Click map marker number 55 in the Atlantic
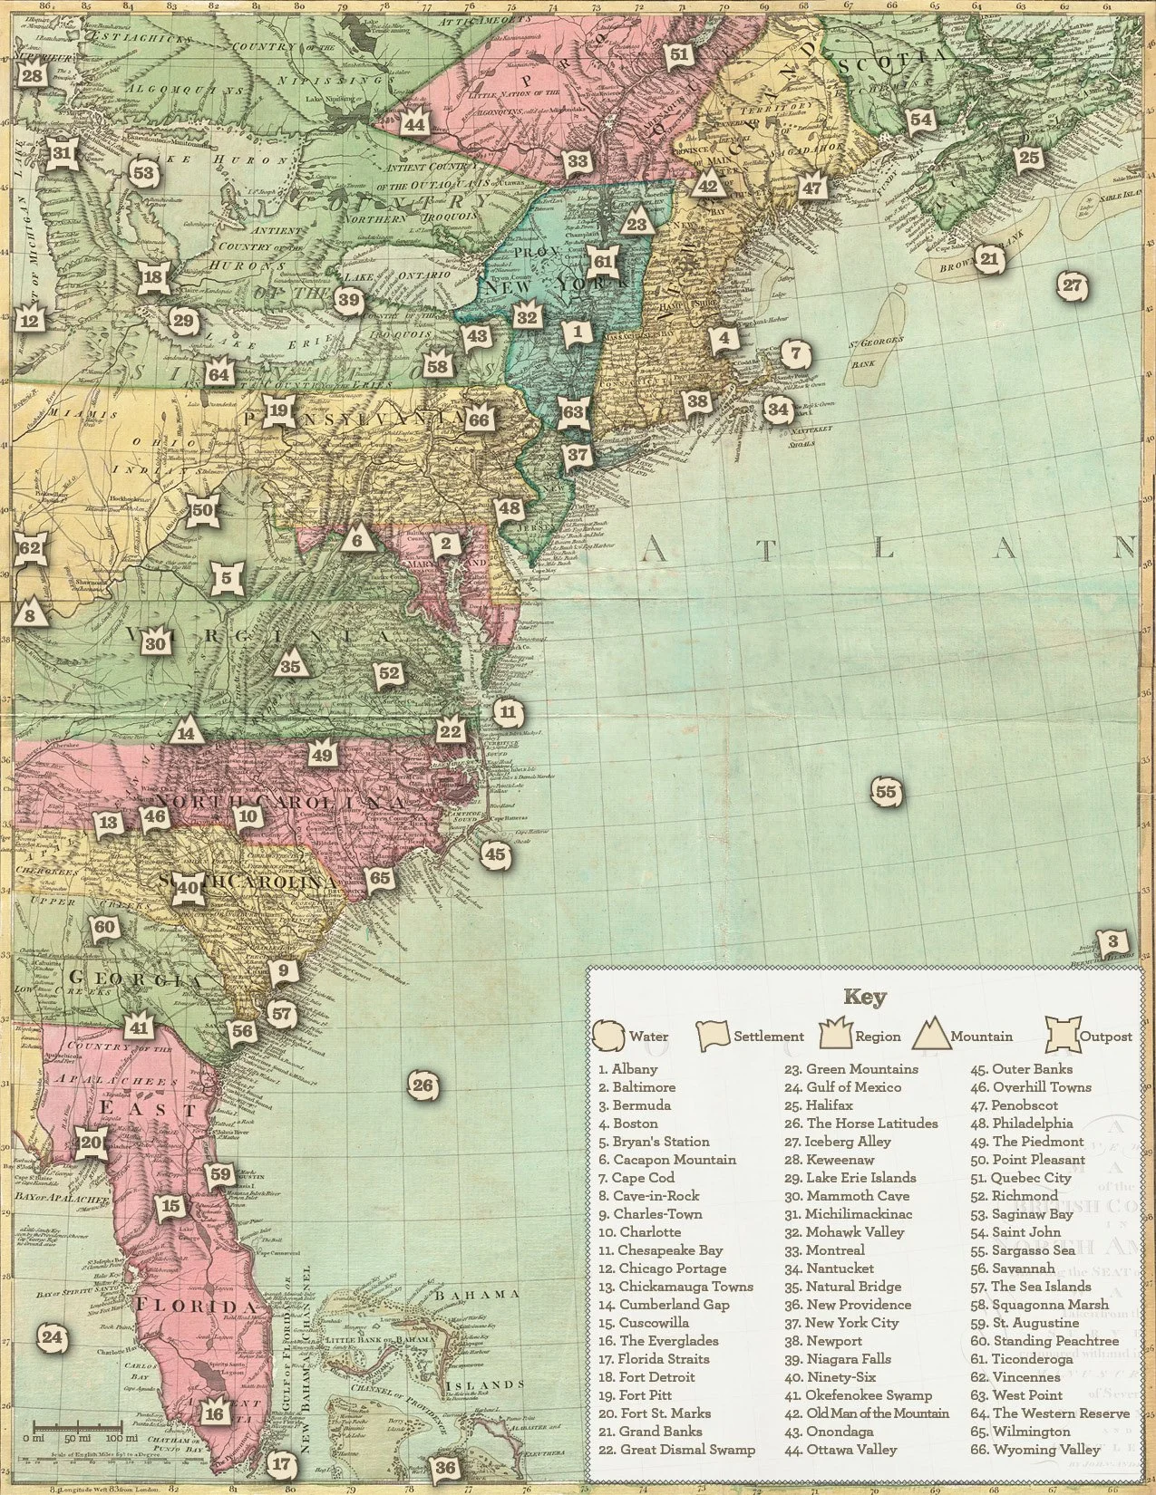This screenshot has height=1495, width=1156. (886, 792)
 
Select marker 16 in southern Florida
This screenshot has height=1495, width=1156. (214, 1413)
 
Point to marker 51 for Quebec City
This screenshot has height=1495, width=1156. (679, 55)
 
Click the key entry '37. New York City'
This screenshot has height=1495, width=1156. (852, 1322)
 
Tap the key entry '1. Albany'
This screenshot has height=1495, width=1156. (627, 1069)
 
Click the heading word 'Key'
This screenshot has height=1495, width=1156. (865, 998)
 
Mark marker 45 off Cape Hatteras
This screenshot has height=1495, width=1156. (495, 854)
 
